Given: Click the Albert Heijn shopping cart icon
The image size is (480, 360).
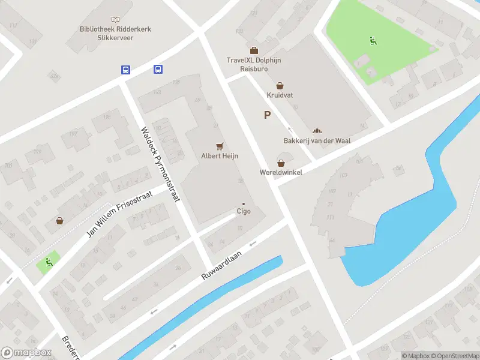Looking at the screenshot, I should (x=220, y=146).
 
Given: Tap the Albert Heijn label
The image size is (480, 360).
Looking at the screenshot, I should (x=220, y=156).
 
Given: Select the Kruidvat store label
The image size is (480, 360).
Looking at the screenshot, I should (x=280, y=95).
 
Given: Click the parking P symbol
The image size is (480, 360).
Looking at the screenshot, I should (x=267, y=115).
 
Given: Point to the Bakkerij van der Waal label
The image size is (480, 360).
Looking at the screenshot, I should (x=317, y=141).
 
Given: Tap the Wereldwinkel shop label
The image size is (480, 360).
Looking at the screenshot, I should (x=281, y=172).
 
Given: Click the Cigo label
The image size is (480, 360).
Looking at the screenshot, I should (x=244, y=211).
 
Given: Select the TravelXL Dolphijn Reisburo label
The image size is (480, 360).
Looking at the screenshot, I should (x=254, y=64).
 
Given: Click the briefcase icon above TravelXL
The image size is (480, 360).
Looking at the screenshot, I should (x=254, y=50).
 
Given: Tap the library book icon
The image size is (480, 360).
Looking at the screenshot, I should (x=115, y=20).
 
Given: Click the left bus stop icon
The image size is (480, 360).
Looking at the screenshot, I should (x=125, y=70).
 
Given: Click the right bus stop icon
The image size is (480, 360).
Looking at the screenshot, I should (x=158, y=70).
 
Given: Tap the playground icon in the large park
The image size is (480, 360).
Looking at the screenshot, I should (x=373, y=41).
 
